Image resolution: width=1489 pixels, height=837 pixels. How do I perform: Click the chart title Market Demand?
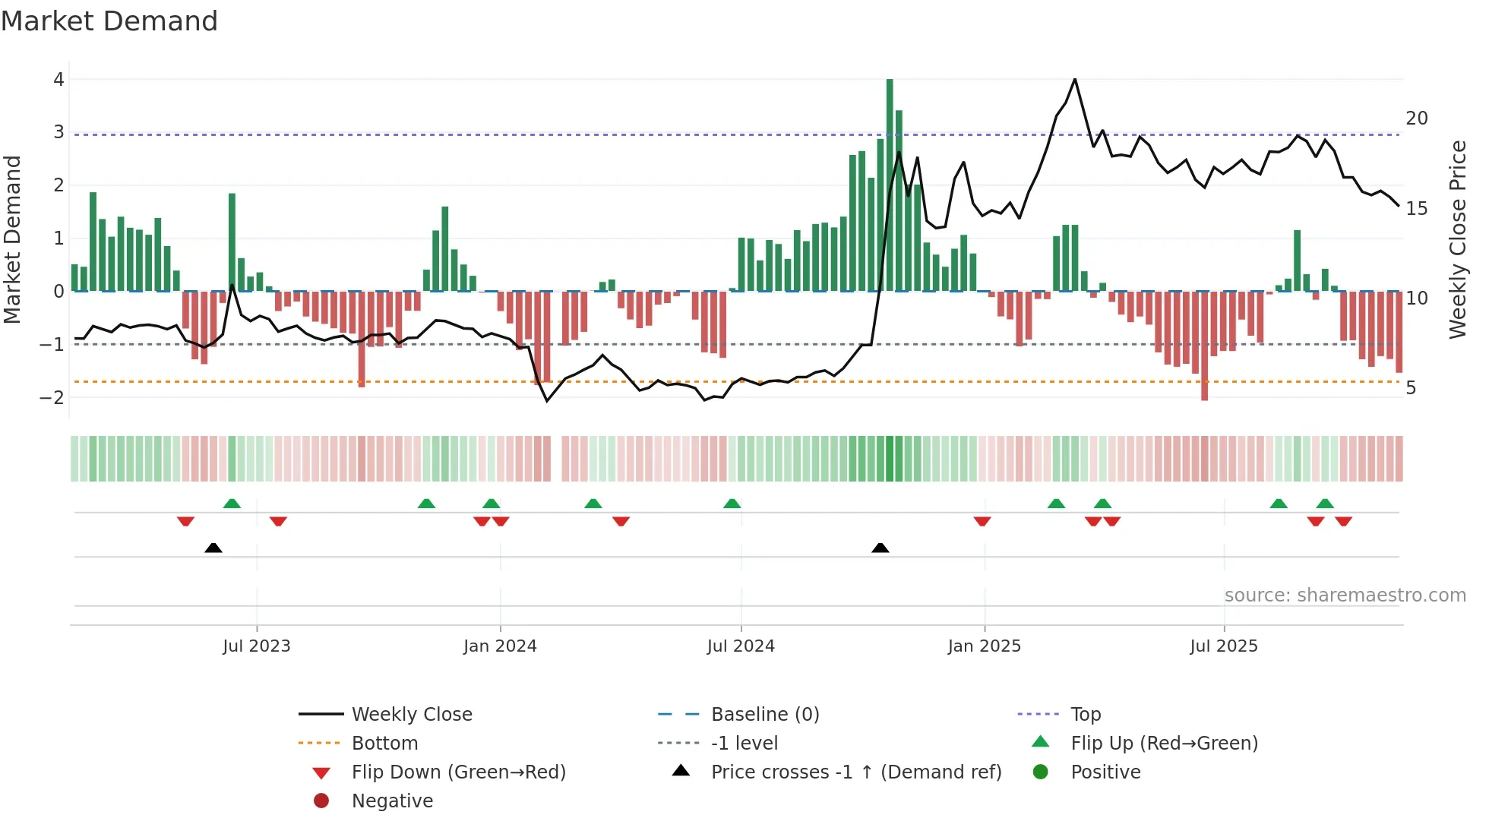point(109,21)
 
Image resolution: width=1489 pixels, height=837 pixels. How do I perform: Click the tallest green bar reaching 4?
point(890,182)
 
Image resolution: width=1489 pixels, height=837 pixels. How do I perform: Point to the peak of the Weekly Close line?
point(1074,80)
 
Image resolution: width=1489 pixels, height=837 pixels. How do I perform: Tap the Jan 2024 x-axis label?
point(500,646)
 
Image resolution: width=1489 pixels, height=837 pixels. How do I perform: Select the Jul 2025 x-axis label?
point(1224,646)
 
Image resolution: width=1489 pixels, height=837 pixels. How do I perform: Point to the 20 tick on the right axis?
point(1416,118)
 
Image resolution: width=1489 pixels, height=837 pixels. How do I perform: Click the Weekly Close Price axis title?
point(1457,239)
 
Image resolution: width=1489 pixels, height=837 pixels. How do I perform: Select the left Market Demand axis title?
point(12,239)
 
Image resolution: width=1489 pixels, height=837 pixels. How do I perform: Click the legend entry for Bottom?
point(384,744)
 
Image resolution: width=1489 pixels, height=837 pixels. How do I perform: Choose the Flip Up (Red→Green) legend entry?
point(1164,744)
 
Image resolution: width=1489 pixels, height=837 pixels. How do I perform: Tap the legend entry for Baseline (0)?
point(765,715)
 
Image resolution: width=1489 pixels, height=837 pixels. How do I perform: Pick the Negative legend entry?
point(392,801)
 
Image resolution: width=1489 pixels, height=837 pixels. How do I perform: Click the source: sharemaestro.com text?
point(1345,595)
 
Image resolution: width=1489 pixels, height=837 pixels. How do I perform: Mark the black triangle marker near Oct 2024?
point(880,548)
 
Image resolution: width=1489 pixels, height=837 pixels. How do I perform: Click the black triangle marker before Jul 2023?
point(213,548)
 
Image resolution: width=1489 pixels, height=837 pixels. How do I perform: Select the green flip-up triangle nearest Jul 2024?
point(732,504)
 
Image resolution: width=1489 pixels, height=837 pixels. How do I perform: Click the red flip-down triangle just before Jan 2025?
point(982,522)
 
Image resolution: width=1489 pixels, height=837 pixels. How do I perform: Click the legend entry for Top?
point(1086,715)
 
